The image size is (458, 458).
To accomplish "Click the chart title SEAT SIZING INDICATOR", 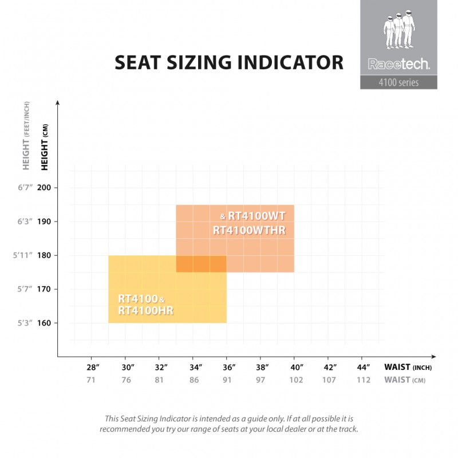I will tap(229, 62).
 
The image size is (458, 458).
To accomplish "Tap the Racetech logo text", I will tap(398, 65).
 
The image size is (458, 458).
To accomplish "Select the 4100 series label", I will tap(398, 82).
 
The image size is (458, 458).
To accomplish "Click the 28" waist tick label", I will tap(93, 367).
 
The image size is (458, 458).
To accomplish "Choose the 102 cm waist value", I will tap(295, 380).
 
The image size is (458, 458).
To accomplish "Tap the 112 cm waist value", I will tap(363, 380).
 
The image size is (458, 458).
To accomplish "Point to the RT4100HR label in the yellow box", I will tap(145, 310).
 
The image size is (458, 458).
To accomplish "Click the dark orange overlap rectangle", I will tap(201, 264).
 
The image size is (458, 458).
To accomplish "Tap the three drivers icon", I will tap(398, 31).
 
